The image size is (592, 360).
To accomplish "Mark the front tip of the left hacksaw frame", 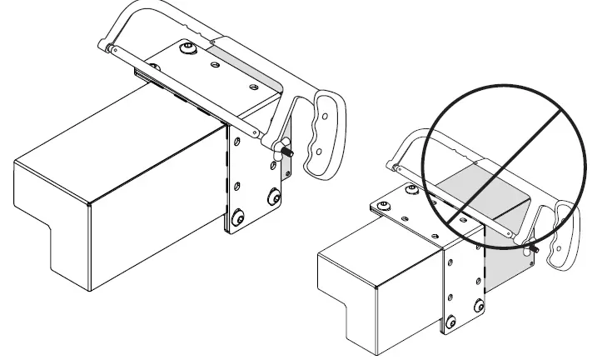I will click(x=106, y=47).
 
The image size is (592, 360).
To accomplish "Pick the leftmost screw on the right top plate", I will click(x=385, y=204).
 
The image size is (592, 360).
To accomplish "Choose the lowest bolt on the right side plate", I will click(x=450, y=322).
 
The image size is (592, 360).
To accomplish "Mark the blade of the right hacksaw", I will click(x=466, y=221).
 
